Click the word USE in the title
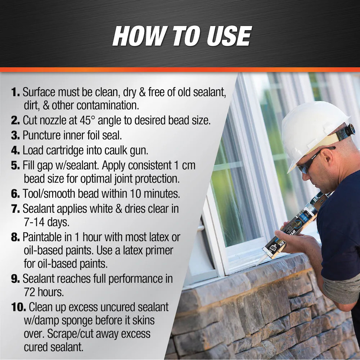pyautogui.click(x=229, y=36)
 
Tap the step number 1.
pyautogui.click(x=15, y=92)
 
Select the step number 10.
pyautogui.click(x=18, y=307)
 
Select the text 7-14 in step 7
pyautogui.click(x=34, y=222)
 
